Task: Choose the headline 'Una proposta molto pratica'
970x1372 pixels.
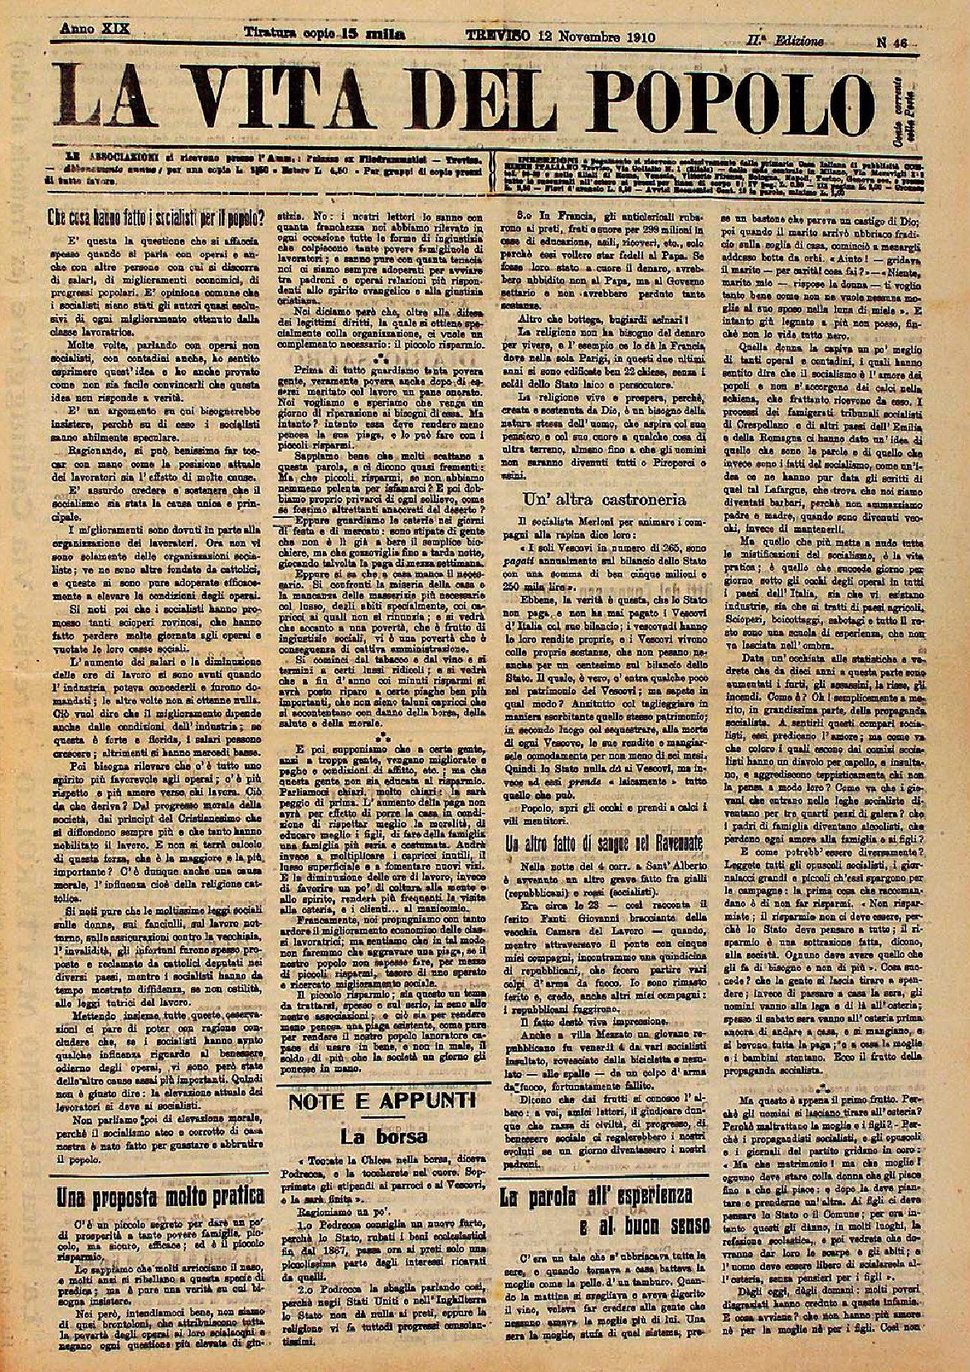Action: [154, 1196]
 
